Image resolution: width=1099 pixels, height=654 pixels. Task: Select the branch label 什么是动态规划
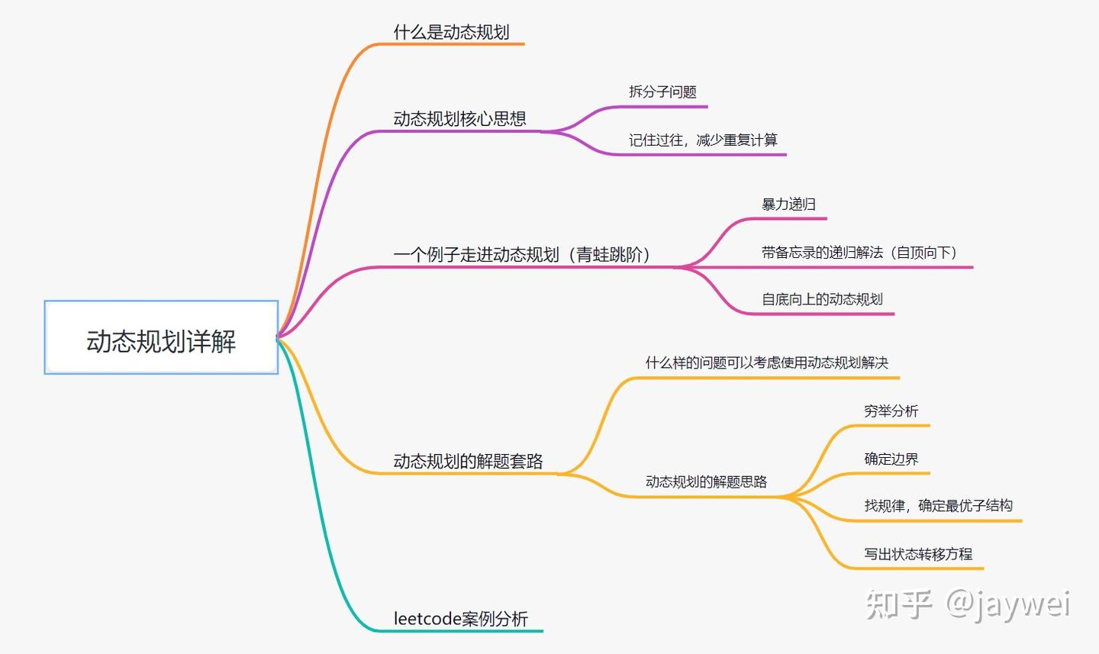coord(451,32)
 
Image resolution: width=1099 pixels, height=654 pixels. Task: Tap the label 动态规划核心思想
coord(459,118)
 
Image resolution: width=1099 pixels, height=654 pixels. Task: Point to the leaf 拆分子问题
coord(662,92)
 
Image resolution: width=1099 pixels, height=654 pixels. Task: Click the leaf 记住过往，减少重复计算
coord(703,140)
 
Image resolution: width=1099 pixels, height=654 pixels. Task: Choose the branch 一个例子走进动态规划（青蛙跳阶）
coord(522,254)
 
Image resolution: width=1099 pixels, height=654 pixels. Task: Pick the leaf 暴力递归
coord(788,205)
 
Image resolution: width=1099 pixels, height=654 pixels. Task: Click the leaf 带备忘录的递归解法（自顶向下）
coord(859,253)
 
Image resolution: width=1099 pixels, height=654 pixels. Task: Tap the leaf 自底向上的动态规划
coord(822,299)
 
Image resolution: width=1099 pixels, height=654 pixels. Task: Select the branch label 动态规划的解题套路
coord(468,461)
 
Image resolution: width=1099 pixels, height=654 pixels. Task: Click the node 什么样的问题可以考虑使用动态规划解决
coord(766,363)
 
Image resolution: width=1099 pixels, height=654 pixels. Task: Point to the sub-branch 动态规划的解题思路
coord(706,482)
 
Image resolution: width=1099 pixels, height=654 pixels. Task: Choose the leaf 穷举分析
coord(891,411)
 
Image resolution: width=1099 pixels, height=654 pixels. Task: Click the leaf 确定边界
coord(891,459)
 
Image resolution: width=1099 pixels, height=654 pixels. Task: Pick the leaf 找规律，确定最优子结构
coord(938,506)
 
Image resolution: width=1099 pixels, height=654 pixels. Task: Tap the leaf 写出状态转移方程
coord(918,554)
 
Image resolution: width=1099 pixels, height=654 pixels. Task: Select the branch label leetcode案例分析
coord(460,619)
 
